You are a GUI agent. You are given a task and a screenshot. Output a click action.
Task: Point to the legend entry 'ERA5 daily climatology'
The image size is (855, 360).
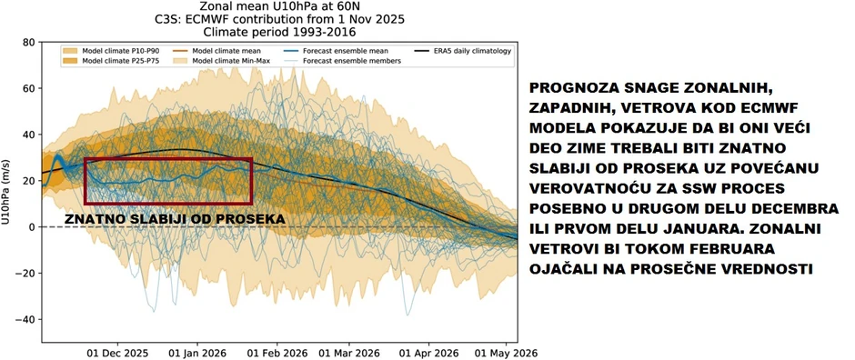pos(464,51)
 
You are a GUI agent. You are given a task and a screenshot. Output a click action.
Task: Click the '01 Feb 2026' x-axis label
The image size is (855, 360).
pos(277,352)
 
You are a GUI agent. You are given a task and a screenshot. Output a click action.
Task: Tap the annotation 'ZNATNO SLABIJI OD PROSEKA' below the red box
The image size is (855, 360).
pos(175,219)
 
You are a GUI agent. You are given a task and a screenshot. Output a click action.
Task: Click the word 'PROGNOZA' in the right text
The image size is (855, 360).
pos(570,87)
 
